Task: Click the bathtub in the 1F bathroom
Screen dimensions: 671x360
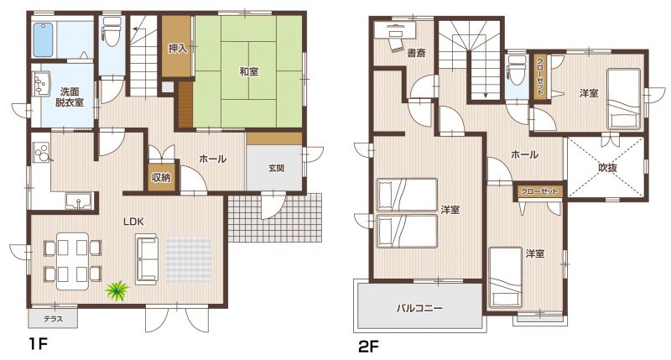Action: (x=43, y=39)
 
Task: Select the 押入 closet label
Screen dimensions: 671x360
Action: (x=177, y=49)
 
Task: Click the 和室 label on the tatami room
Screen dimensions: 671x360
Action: (x=248, y=71)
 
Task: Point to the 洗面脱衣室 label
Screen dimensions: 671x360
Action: (x=69, y=97)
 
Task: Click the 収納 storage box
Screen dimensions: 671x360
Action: (x=161, y=176)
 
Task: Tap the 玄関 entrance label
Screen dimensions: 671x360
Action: (x=277, y=168)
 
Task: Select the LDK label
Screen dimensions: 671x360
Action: (x=133, y=222)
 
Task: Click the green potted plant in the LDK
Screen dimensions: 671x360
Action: (x=117, y=290)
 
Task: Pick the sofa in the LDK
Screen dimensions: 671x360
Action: (x=147, y=259)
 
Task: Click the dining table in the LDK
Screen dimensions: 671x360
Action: (x=73, y=261)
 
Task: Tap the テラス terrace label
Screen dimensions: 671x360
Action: (x=54, y=319)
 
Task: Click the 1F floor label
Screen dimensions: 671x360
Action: (x=37, y=344)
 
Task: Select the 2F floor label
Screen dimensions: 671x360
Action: (x=369, y=347)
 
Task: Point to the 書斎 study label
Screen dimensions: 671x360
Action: (x=416, y=54)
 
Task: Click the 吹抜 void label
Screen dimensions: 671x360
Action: (x=607, y=168)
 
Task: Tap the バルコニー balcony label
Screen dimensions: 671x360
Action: (x=419, y=308)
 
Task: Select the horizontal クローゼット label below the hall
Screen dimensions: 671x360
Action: (x=538, y=191)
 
